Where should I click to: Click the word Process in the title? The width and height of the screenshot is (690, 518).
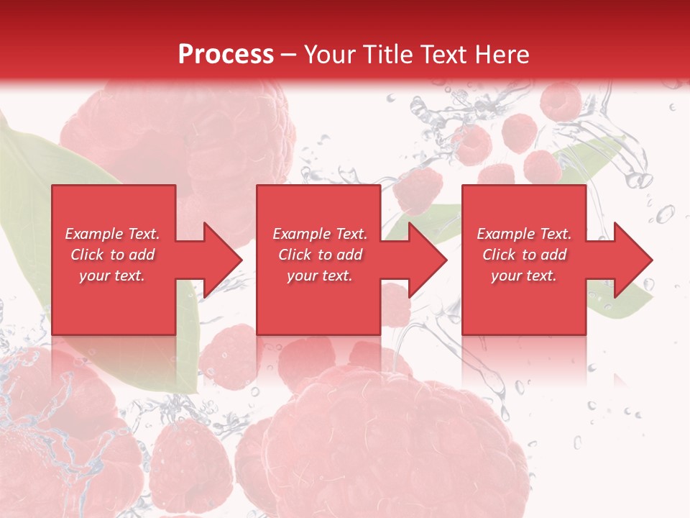[226, 55]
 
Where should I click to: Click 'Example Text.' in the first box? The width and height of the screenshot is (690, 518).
[112, 234]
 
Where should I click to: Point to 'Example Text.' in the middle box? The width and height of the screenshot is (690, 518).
[320, 234]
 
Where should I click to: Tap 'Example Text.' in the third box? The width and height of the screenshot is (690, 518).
[524, 234]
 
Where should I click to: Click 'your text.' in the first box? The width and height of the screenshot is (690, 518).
[112, 276]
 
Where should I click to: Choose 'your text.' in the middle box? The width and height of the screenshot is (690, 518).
[320, 276]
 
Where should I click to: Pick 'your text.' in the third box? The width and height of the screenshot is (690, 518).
[524, 276]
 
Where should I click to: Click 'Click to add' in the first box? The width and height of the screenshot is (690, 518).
[112, 255]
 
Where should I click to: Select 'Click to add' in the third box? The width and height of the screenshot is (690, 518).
[524, 255]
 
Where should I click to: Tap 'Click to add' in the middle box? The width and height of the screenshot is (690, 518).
[320, 255]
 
